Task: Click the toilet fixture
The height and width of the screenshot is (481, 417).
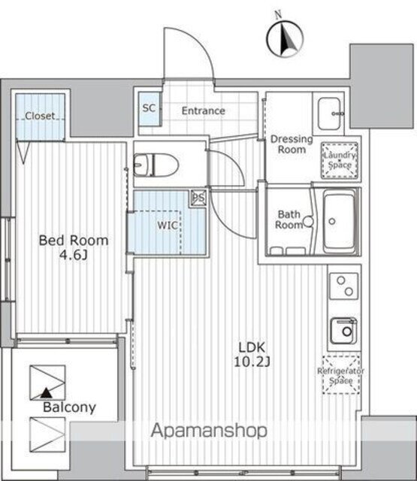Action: click(x=156, y=165)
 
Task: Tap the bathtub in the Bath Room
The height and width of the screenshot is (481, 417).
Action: click(x=340, y=222)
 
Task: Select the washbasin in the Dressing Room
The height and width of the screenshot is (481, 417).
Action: click(x=329, y=113)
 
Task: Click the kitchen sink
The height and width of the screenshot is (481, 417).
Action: click(x=343, y=331)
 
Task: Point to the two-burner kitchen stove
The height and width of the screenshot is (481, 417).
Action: click(x=343, y=286)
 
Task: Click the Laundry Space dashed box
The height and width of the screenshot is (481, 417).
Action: click(x=340, y=160)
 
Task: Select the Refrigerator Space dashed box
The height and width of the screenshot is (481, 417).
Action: click(x=341, y=375)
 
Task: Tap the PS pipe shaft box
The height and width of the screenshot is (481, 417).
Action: click(x=198, y=198)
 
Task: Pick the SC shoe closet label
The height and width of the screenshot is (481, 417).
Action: click(x=149, y=108)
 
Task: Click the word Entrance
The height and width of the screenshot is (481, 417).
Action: click(x=204, y=110)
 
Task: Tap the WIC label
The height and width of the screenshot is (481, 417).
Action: click(x=168, y=225)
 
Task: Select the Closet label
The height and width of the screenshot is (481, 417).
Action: click(x=40, y=116)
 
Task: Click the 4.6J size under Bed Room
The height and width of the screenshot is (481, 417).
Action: click(x=74, y=255)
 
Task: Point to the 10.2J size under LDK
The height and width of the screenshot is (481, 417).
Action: click(x=252, y=362)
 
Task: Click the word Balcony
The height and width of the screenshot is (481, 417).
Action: click(x=70, y=407)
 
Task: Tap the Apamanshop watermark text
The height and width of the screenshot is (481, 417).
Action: click(x=209, y=431)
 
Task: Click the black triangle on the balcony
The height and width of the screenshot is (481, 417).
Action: click(x=46, y=392)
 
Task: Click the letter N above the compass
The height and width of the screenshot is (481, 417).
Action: click(x=278, y=15)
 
